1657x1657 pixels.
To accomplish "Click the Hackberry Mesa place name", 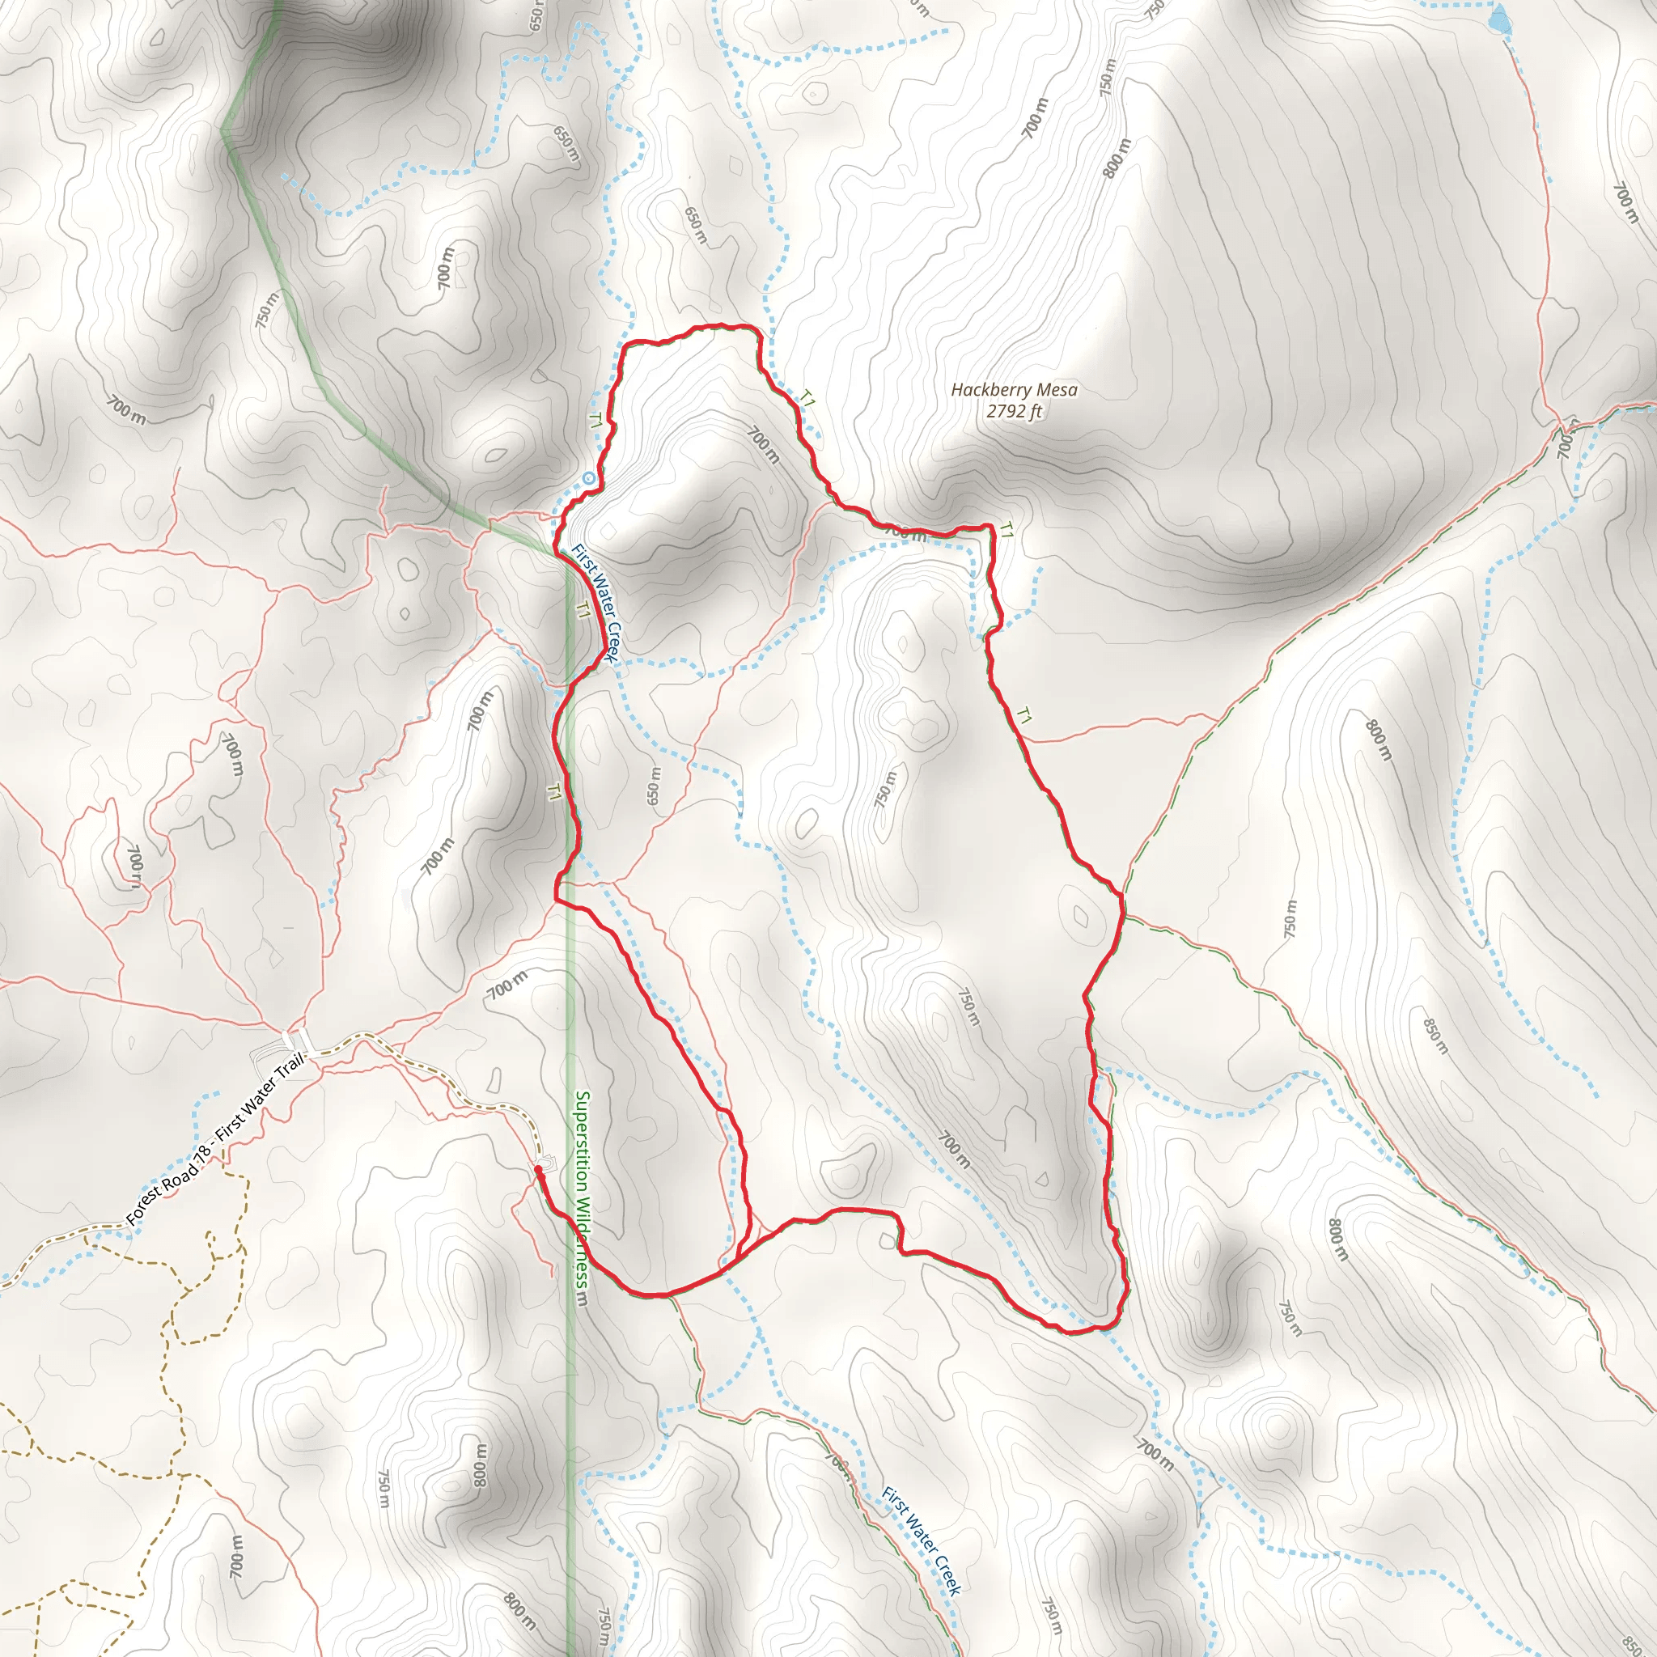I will (1014, 389).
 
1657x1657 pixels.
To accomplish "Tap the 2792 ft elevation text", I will (1014, 411).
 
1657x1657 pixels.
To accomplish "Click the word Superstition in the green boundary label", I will (582, 1141).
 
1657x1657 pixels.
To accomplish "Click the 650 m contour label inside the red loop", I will (655, 786).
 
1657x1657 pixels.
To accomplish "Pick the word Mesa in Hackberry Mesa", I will (1057, 389).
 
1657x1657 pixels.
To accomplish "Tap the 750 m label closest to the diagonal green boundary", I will (267, 310).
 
